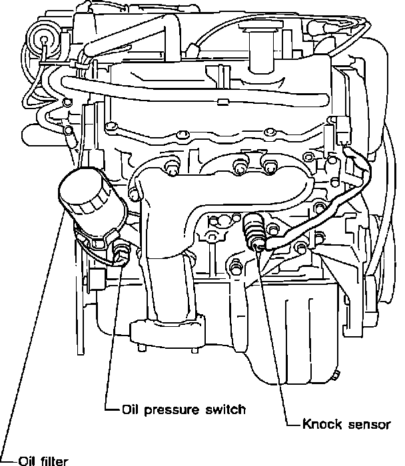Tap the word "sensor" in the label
point(365,423)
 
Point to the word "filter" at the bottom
point(53,460)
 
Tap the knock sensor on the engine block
point(254,230)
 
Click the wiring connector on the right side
point(344,130)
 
